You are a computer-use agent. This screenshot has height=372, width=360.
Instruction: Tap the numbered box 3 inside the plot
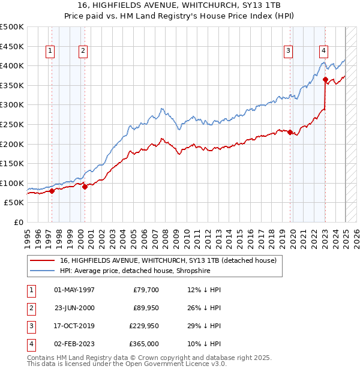coord(289,51)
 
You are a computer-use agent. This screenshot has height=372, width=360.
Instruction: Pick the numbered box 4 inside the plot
coord(323,51)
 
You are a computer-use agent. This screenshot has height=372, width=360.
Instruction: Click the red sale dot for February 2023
coord(325,79)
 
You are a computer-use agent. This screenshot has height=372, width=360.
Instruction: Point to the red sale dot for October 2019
coord(290,132)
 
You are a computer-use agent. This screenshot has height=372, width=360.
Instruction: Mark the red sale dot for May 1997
coord(52,191)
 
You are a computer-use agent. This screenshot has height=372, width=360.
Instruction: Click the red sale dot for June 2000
coord(85,187)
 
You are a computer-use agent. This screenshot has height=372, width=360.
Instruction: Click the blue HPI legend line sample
coord(42,270)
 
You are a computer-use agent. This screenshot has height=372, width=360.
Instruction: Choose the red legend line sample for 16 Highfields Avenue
coord(42,260)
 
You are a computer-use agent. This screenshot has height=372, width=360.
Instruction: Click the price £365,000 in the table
coord(145,344)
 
